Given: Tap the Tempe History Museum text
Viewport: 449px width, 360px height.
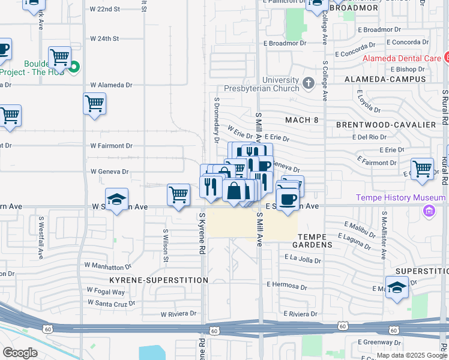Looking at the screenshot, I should [409, 197].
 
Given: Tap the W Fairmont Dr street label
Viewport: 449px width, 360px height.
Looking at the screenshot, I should [112, 146].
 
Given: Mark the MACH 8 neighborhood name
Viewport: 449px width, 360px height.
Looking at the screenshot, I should [302, 120].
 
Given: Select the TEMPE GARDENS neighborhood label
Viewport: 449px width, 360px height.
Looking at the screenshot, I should [312, 241].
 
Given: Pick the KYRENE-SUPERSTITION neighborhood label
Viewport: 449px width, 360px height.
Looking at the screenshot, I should [158, 280].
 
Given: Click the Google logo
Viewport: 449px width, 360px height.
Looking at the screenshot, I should [20, 353].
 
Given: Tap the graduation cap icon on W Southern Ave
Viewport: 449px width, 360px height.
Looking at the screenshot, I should [116, 201].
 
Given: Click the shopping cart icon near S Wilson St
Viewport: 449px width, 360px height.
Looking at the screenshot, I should [178, 195].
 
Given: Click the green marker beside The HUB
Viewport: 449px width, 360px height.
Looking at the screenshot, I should [74, 67].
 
